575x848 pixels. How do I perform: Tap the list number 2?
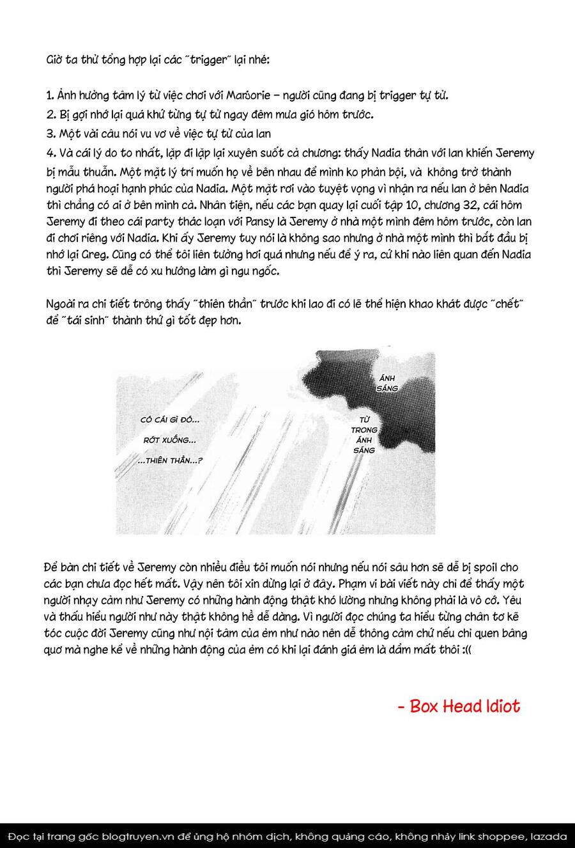tap(49, 115)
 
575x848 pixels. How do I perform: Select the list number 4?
tap(49, 153)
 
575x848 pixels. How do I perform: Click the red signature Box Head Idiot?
tap(459, 705)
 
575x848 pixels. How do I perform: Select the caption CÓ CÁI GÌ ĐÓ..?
tap(169, 420)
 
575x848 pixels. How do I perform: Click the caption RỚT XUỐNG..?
tap(169, 440)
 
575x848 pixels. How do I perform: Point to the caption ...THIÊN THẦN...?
tap(169, 460)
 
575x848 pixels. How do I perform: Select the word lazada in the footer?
tap(549, 836)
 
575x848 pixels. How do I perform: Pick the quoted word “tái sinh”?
tap(84, 320)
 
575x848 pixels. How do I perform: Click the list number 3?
tap(49, 134)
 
